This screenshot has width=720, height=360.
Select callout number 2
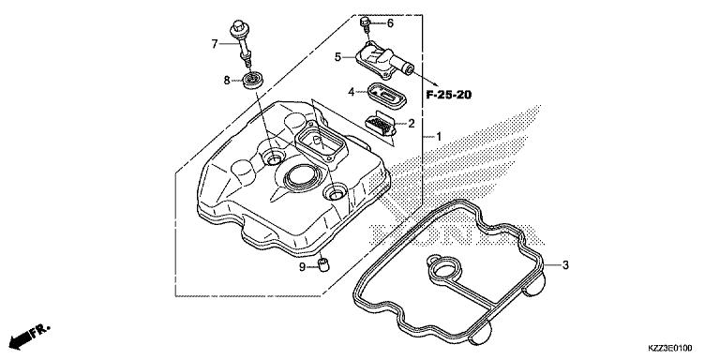click(411, 124)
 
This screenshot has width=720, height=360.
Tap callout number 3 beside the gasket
click(565, 265)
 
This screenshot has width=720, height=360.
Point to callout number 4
click(351, 92)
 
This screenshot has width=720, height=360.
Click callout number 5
click(337, 57)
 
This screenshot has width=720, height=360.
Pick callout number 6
click(390, 23)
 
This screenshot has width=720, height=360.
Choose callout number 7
click(215, 43)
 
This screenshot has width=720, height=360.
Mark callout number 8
click(227, 82)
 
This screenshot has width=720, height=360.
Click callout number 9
click(303, 267)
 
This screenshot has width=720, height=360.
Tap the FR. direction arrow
click(28, 335)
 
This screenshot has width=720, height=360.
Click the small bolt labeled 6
click(366, 22)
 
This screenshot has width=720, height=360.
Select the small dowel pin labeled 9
click(324, 265)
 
